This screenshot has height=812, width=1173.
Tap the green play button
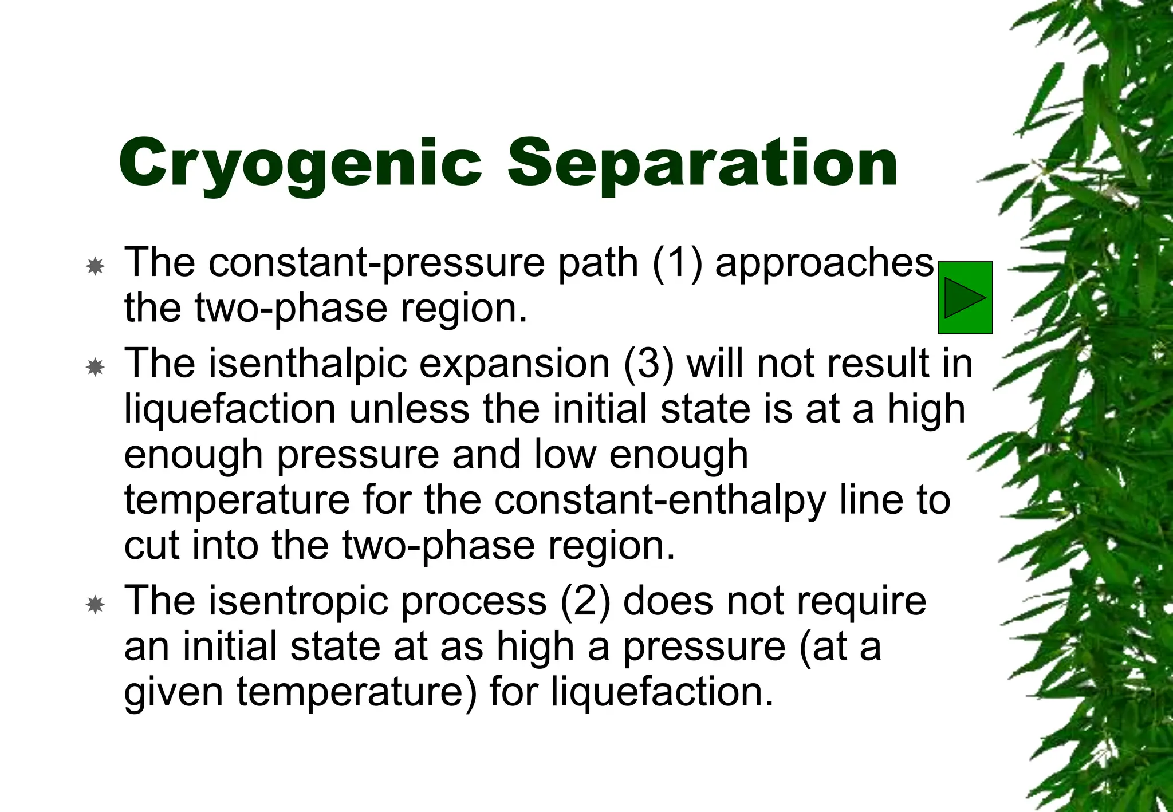(965, 298)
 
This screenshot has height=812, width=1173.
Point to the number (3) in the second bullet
(648, 364)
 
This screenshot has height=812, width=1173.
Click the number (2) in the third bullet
(585, 601)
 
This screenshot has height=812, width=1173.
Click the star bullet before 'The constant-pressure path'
(95, 266)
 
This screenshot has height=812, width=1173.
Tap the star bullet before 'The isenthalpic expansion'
(95, 367)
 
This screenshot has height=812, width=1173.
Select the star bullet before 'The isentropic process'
(95, 605)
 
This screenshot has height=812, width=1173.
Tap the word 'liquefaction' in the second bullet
(230, 410)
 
